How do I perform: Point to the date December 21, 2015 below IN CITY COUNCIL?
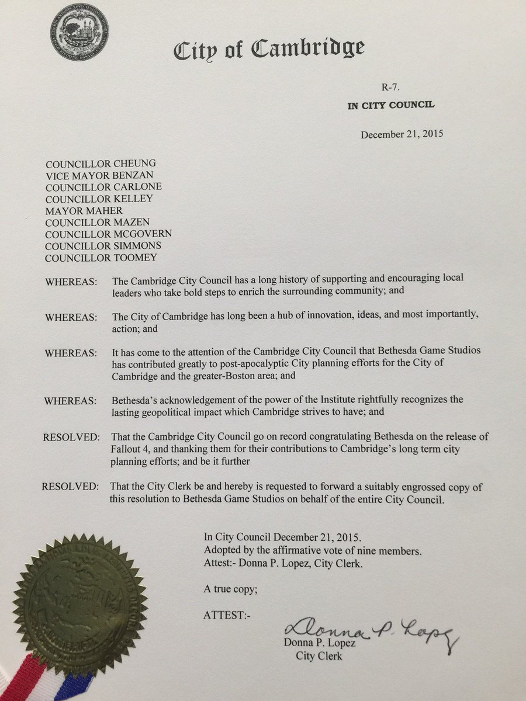tap(402, 134)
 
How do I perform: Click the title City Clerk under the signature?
tap(319, 656)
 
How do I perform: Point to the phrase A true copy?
tap(230, 589)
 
